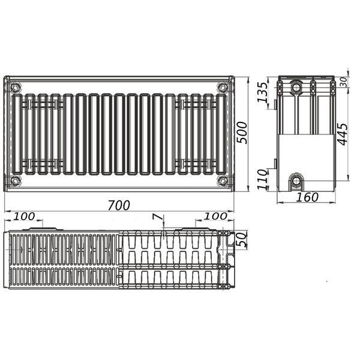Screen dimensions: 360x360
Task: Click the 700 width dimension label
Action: [x=119, y=205]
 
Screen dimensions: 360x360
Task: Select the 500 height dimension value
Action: [x=242, y=133]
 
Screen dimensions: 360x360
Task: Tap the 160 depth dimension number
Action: [x=307, y=197]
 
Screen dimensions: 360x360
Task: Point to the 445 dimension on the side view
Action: [x=343, y=134]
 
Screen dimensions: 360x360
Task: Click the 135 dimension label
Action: [x=262, y=92]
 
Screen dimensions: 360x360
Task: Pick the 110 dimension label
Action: [x=262, y=179]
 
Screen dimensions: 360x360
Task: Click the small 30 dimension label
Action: [x=343, y=82]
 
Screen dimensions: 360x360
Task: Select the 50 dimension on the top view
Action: [x=242, y=239]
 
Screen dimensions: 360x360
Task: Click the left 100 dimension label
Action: [x=24, y=216]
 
